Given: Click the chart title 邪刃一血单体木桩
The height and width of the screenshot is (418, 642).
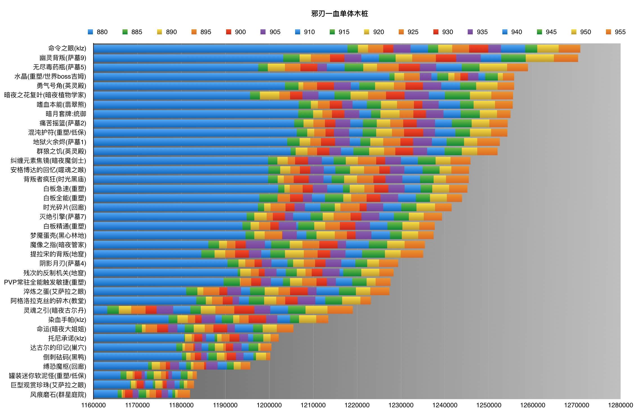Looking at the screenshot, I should tap(339, 14).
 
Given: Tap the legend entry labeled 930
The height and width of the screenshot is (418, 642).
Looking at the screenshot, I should tap(443, 32).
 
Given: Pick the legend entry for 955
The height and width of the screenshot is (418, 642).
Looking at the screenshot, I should tap(616, 32).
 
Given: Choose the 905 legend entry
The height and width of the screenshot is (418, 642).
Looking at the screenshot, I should tap(271, 32).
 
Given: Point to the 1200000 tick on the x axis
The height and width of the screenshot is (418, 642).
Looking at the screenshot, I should tap(269, 405).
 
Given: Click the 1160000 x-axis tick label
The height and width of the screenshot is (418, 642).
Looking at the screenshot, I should tap(93, 405).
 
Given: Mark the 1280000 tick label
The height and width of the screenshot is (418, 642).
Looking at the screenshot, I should tap(620, 405).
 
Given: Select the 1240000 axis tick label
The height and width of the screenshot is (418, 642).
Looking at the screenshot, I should tap(445, 405).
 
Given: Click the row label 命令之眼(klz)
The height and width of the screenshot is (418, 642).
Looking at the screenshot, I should tap(67, 48).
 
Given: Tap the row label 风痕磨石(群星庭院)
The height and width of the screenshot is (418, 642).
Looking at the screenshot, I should tap(58, 395).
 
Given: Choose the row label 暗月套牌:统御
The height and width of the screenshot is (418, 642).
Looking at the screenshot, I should tap(66, 114).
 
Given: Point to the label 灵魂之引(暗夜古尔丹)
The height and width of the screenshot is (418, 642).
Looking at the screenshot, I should tap(55, 310).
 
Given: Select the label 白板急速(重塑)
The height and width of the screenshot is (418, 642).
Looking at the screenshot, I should tap(65, 189).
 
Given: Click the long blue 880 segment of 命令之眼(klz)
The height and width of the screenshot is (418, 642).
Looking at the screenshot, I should tap(220, 49).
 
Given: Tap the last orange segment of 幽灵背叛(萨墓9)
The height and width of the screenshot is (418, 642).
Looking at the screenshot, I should tap(566, 58).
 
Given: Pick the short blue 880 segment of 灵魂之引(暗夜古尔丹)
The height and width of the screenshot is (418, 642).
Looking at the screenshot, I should tap(101, 310).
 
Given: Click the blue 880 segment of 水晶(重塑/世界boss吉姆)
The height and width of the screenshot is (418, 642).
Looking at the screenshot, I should tap(241, 77).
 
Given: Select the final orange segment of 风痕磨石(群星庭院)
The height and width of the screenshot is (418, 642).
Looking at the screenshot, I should tap(184, 394).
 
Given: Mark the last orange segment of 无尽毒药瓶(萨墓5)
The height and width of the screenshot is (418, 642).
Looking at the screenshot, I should tap(517, 67).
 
